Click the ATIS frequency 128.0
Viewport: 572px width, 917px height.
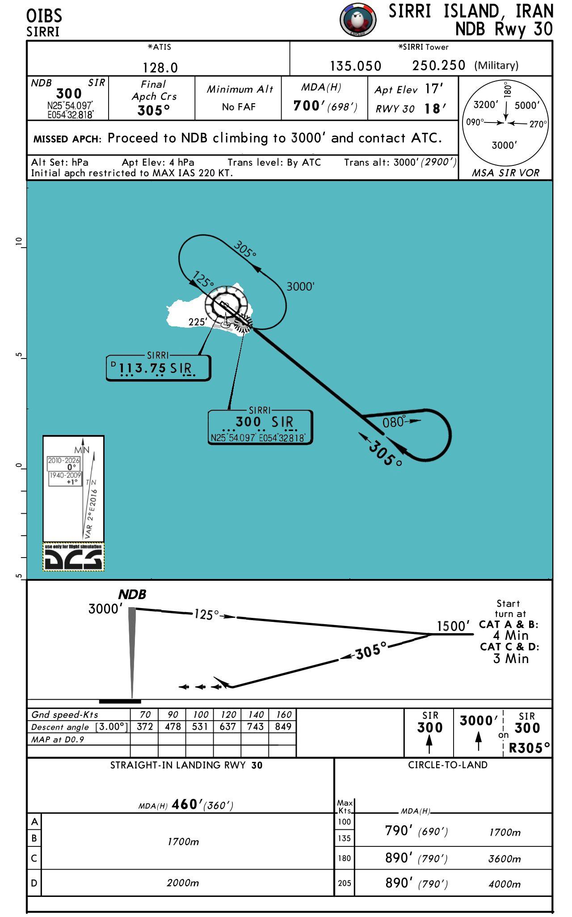pyautogui.click(x=160, y=68)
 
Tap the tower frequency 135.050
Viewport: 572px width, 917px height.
pyautogui.click(x=355, y=66)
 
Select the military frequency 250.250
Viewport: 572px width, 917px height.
pyautogui.click(x=438, y=65)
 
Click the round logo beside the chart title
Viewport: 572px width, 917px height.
pyautogui.click(x=357, y=20)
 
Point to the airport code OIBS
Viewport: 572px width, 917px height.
pyautogui.click(x=44, y=16)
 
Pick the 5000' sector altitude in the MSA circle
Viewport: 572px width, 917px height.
pyautogui.click(x=527, y=106)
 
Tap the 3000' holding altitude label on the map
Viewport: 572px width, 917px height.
pyautogui.click(x=300, y=287)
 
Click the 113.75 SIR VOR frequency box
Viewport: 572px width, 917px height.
pyautogui.click(x=158, y=368)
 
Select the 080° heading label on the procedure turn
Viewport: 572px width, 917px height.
pyautogui.click(x=394, y=422)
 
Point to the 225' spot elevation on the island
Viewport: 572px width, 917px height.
pyautogui.click(x=198, y=322)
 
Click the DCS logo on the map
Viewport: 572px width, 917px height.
pyautogui.click(x=73, y=558)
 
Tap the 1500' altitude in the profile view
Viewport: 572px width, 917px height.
pyautogui.click(x=453, y=626)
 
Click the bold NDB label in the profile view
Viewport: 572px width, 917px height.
pyautogui.click(x=132, y=595)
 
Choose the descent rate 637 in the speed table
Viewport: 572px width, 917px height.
pyautogui.click(x=227, y=727)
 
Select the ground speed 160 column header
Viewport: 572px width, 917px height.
pyautogui.click(x=283, y=714)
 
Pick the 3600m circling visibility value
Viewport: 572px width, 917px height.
pyautogui.click(x=505, y=858)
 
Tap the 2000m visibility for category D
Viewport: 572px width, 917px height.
pyautogui.click(x=183, y=883)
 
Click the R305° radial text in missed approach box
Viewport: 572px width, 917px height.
pyautogui.click(x=529, y=748)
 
